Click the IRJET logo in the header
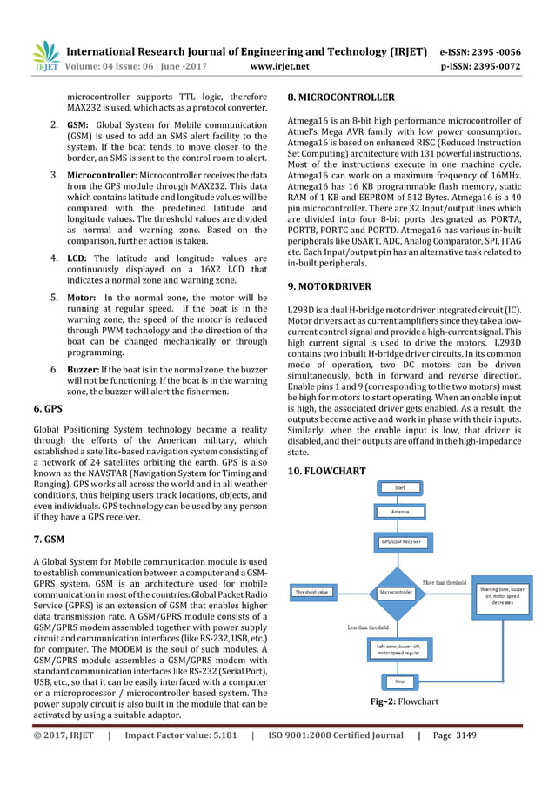[x=44, y=55]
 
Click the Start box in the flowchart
[x=400, y=487]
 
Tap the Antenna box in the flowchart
[x=400, y=512]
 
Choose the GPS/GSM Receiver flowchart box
[x=400, y=541]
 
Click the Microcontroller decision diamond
[x=400, y=592]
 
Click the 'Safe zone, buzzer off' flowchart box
[x=399, y=648]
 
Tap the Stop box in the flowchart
[x=400, y=681]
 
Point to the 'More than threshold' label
[x=444, y=581]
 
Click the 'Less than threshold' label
[x=368, y=627]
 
